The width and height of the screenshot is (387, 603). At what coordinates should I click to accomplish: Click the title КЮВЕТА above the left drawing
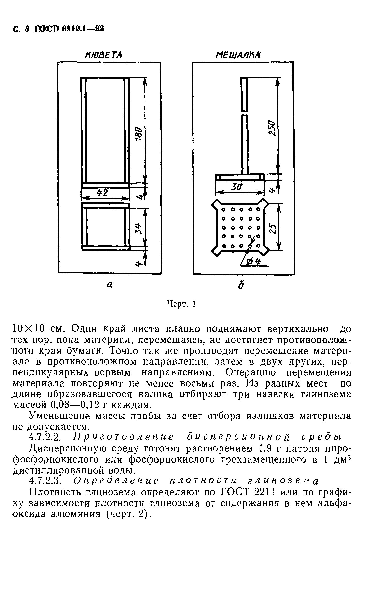click(x=104, y=55)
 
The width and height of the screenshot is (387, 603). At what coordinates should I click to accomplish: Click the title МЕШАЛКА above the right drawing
click(x=238, y=55)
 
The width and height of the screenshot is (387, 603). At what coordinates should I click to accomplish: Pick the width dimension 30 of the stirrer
click(x=237, y=187)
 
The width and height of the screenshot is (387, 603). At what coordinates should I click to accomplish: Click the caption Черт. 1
click(x=181, y=304)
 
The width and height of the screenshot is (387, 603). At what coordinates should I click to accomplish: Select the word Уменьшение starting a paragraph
click(x=59, y=416)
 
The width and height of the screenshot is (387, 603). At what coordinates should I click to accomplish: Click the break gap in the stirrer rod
click(x=244, y=112)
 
